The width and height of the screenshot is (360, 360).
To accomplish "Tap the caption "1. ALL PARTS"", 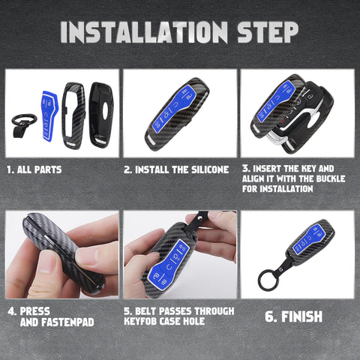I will pos(34,169).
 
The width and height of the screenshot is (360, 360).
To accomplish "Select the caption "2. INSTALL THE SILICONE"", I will pos(176,169).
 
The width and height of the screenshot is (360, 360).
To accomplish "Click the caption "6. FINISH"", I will pos(295,317).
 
